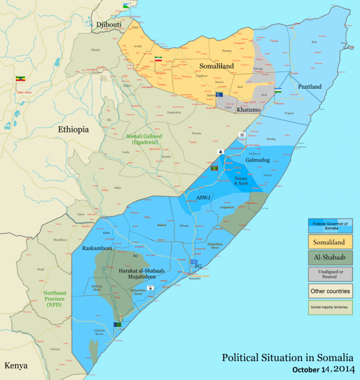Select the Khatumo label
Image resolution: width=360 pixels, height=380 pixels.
(248, 110)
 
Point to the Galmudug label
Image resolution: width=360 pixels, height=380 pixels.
(257, 160)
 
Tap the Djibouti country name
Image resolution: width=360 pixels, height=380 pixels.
(108, 25)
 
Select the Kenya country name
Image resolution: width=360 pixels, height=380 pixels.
(17, 366)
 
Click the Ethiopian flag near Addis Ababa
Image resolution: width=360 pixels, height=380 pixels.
(20, 80)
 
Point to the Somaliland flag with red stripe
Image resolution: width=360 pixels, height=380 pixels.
(159, 58)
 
